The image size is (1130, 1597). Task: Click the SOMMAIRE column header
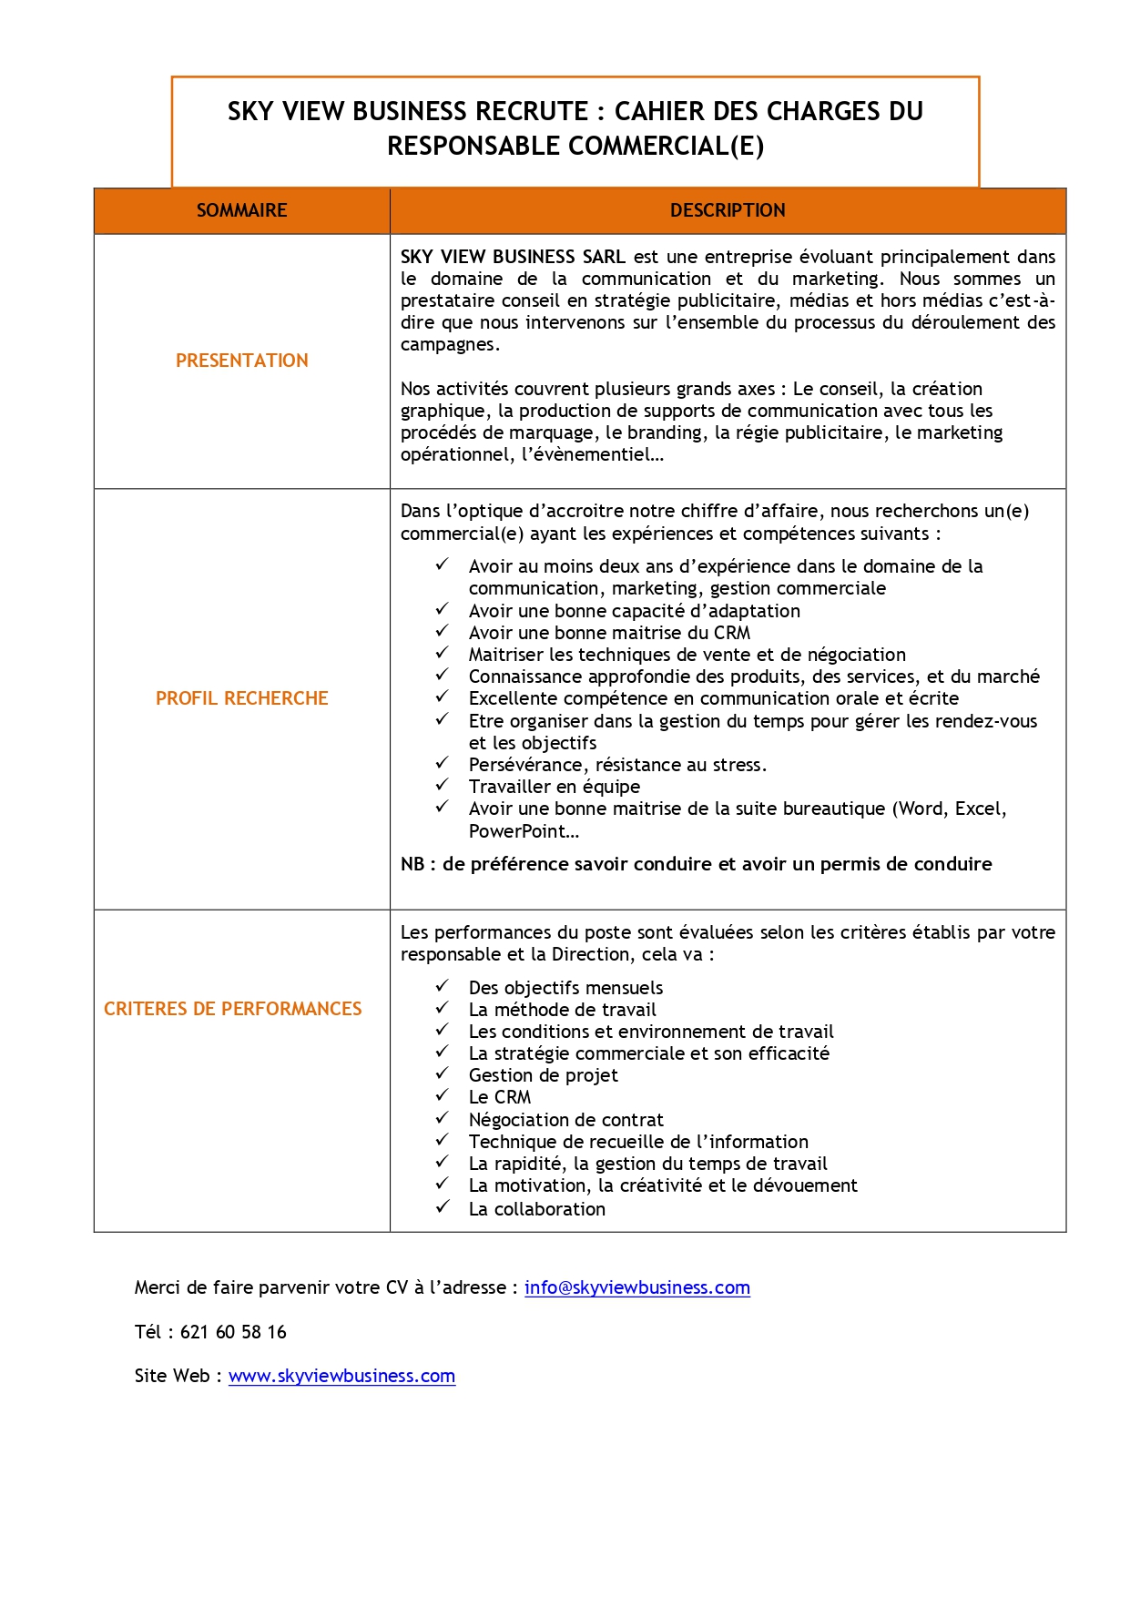[x=241, y=210]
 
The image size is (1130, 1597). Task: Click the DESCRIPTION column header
[x=727, y=210]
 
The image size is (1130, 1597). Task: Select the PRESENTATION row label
[x=241, y=361]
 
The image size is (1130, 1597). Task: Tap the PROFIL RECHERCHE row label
[x=241, y=698]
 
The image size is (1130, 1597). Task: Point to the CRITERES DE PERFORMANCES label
[x=232, y=1009]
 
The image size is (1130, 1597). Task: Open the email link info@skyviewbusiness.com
[x=636, y=1287]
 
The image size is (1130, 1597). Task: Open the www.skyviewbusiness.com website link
[x=341, y=1376]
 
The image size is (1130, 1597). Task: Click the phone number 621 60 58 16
[x=233, y=1332]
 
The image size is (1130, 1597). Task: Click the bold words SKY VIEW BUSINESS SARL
[x=513, y=257]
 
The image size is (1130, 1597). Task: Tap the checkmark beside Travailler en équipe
[x=442, y=785]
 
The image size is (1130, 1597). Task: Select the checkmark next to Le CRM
[x=442, y=1095]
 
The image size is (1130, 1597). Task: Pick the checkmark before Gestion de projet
[x=442, y=1073]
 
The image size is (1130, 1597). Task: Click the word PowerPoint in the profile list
[x=517, y=831]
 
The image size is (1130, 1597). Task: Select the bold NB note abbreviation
[x=412, y=864]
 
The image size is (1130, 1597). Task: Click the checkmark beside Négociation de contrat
[x=442, y=1117]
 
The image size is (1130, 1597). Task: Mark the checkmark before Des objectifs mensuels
[x=442, y=985]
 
